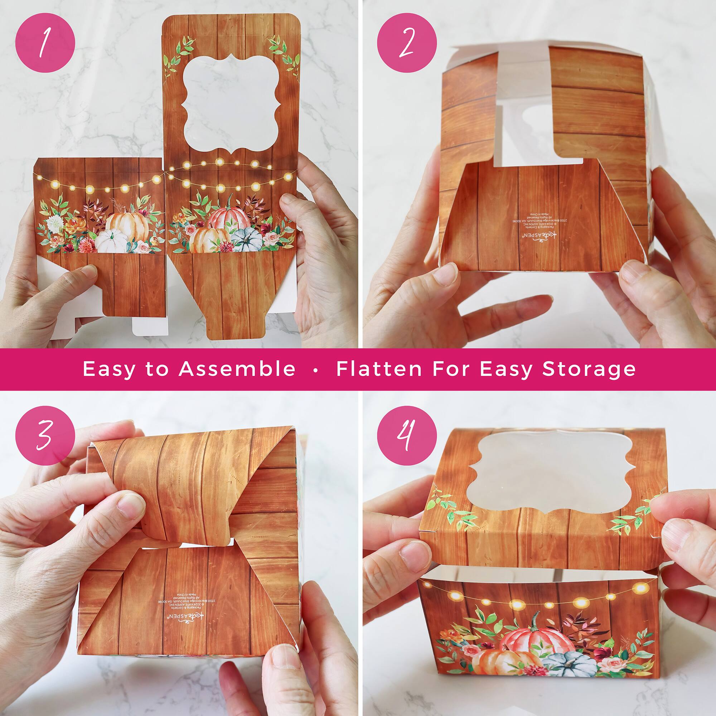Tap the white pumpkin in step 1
[112, 241]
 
